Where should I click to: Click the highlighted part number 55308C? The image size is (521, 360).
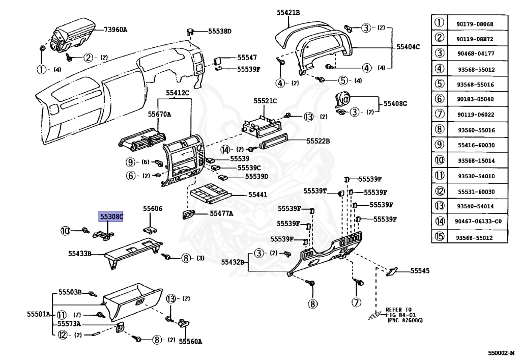tap(111, 217)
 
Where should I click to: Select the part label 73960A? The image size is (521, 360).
tap(115, 30)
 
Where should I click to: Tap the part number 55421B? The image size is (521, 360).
tap(288, 13)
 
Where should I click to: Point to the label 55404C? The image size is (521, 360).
tap(408, 46)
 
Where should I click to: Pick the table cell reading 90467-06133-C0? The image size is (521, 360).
tap(478, 221)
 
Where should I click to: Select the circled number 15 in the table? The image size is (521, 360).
tap(439, 236)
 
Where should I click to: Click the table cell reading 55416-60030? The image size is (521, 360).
tap(476, 145)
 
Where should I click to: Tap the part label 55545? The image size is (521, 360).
tap(420, 271)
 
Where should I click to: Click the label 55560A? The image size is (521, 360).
tap(190, 341)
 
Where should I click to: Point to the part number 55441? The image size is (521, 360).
tap(257, 195)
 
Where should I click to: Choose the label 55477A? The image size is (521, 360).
tap(221, 213)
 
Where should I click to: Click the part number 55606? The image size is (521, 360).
tap(153, 208)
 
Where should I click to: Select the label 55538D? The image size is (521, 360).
tap(220, 31)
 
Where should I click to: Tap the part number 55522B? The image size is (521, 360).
tap(318, 141)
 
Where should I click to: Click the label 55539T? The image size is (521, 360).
tap(315, 191)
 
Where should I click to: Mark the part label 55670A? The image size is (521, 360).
tap(159, 115)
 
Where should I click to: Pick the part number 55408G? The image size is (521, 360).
tap(395, 103)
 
